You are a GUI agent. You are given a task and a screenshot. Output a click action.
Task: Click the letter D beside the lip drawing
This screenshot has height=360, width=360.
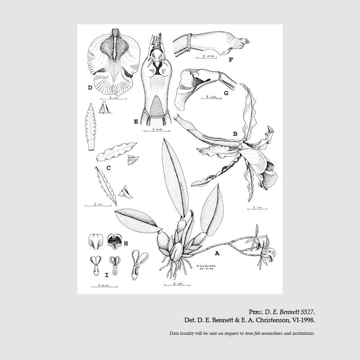(x=90, y=88)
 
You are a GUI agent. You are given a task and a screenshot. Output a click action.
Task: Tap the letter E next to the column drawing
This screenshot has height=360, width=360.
(x=135, y=121)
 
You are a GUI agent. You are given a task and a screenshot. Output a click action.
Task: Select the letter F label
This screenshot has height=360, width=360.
(x=230, y=59)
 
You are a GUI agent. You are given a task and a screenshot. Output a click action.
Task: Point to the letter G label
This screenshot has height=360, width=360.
(x=226, y=93)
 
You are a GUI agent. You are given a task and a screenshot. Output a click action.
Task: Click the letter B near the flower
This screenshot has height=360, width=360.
(x=235, y=134)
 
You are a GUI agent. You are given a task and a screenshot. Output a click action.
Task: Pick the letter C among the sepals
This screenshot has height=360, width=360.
(x=108, y=168)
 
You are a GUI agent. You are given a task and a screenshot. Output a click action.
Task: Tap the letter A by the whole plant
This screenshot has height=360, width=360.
(x=217, y=253)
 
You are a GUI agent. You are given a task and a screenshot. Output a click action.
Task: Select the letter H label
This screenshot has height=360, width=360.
(x=126, y=243)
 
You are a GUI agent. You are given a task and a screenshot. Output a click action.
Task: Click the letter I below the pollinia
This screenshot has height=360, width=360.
(x=106, y=274)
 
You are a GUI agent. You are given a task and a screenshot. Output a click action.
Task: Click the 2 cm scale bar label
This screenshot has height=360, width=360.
(x=98, y=204)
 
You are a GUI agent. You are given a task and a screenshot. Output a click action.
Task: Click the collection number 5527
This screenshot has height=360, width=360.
(x=306, y=312)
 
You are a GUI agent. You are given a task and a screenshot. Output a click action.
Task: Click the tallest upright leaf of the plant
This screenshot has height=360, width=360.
(x=174, y=175)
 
